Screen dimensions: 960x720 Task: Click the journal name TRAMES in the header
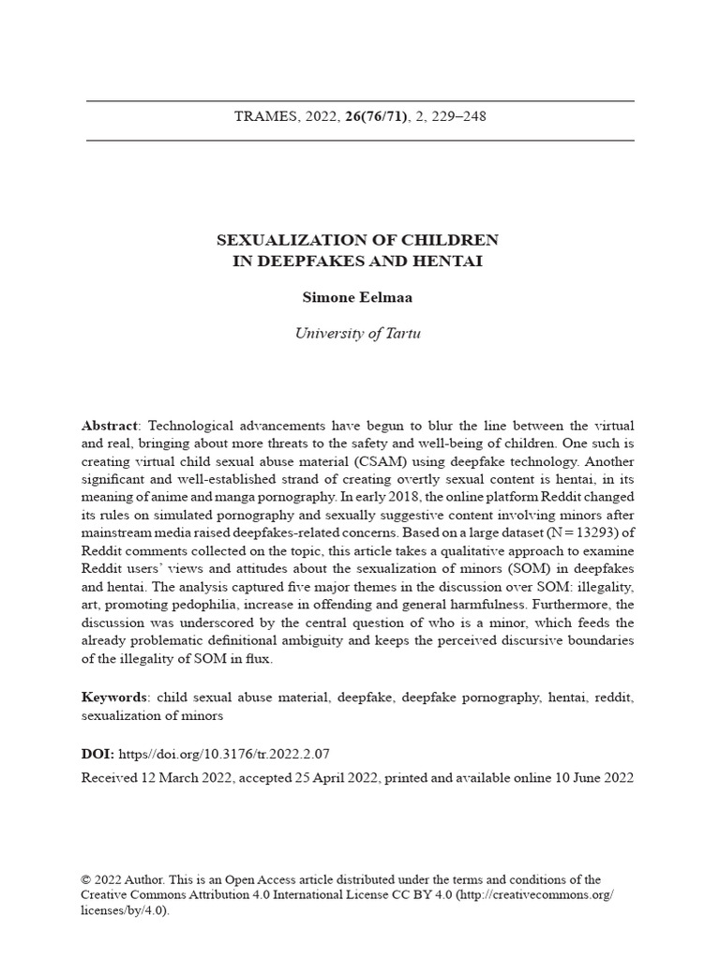click(265, 117)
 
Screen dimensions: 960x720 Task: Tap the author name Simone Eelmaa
click(359, 298)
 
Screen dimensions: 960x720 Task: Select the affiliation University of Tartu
click(359, 333)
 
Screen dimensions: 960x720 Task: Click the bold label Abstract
click(109, 426)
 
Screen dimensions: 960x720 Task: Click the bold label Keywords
click(113, 697)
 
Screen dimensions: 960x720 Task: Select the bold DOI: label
click(98, 753)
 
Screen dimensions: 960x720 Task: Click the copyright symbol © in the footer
click(86, 879)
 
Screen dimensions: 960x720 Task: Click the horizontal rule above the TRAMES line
click(359, 100)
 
